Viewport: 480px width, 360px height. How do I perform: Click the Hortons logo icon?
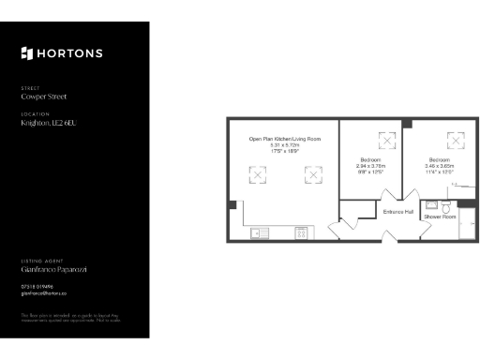pyautogui.click(x=26, y=53)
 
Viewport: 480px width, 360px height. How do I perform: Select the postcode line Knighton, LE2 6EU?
pyautogui.click(x=53, y=123)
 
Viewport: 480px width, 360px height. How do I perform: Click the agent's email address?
pyautogui.click(x=43, y=293)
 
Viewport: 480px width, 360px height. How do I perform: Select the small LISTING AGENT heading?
pyautogui.click(x=38, y=260)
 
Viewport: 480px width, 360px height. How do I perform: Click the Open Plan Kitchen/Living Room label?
pyautogui.click(x=284, y=139)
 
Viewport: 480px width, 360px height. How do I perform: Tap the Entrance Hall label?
pyautogui.click(x=399, y=212)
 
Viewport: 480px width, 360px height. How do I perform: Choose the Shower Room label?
pyautogui.click(x=440, y=217)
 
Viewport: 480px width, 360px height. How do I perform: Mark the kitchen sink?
pyautogui.click(x=258, y=232)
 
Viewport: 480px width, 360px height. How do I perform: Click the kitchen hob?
pyautogui.click(x=302, y=232)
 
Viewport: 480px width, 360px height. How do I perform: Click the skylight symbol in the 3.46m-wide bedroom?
pyautogui.click(x=456, y=141)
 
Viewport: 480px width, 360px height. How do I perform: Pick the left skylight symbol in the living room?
pyautogui.click(x=258, y=174)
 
